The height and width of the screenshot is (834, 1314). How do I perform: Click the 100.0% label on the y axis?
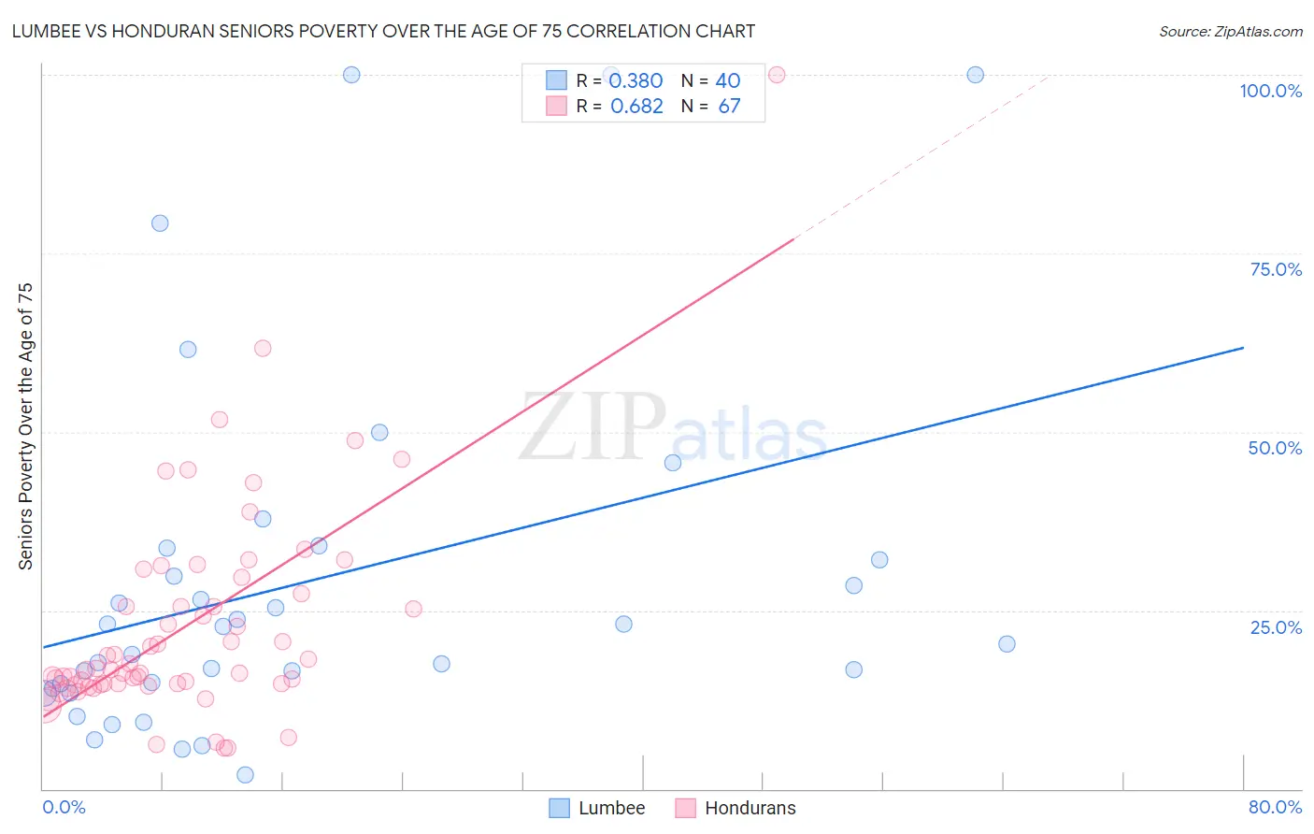(1270, 91)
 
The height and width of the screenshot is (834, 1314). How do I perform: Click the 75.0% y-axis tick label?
(1276, 269)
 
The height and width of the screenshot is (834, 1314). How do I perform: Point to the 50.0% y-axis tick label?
(1275, 448)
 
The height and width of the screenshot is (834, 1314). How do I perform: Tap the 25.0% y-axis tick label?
(1276, 627)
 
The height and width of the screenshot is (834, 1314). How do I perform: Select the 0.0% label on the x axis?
(64, 807)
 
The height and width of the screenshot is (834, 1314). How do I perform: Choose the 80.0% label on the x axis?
(1275, 807)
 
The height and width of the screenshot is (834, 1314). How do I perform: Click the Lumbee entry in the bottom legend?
(611, 808)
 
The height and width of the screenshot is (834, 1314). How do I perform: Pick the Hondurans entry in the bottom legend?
(750, 808)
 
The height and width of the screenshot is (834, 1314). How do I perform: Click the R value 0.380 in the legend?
(636, 81)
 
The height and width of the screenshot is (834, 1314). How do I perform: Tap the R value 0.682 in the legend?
(636, 107)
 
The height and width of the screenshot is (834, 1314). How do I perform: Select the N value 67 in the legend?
(729, 107)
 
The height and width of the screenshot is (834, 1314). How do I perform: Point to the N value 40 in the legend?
(727, 81)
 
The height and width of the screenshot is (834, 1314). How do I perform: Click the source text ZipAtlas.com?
(1256, 31)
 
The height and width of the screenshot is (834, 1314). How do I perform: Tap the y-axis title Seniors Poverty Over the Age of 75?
(25, 426)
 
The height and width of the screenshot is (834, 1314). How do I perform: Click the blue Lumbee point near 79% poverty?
(160, 223)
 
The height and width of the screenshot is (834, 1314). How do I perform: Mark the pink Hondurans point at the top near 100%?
(776, 75)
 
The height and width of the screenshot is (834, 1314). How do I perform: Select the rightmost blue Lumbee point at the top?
(975, 75)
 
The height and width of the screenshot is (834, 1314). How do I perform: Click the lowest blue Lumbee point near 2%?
(245, 774)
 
